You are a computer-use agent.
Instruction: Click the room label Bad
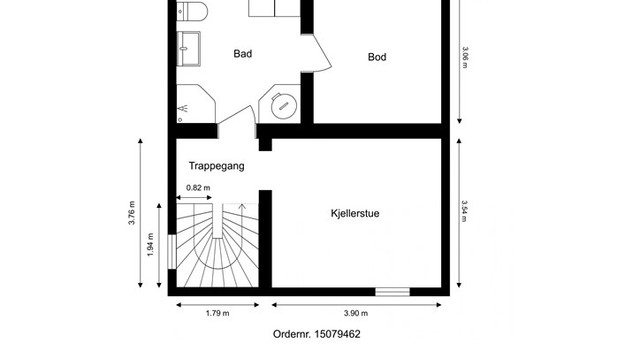tap(242, 54)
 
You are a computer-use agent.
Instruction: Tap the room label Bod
tap(377, 57)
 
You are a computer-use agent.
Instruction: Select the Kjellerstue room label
tap(355, 213)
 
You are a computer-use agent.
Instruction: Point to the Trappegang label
tap(216, 166)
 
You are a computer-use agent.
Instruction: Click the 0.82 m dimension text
tap(198, 188)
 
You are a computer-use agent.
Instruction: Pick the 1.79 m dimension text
tap(218, 313)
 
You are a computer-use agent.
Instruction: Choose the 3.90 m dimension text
tap(356, 313)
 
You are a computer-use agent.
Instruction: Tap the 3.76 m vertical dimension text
tap(131, 213)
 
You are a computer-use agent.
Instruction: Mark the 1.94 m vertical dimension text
tap(150, 244)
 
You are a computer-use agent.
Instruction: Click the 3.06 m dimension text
tap(465, 58)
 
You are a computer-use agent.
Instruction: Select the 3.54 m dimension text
tap(464, 211)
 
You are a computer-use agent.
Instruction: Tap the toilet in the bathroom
tap(192, 11)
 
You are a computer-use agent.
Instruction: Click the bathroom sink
tap(189, 49)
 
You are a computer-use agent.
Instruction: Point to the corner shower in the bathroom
tap(196, 104)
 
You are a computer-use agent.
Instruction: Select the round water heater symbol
tap(284, 106)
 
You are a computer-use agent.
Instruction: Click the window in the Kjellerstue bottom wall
tap(393, 292)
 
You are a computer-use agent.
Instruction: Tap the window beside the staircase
tap(172, 252)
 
